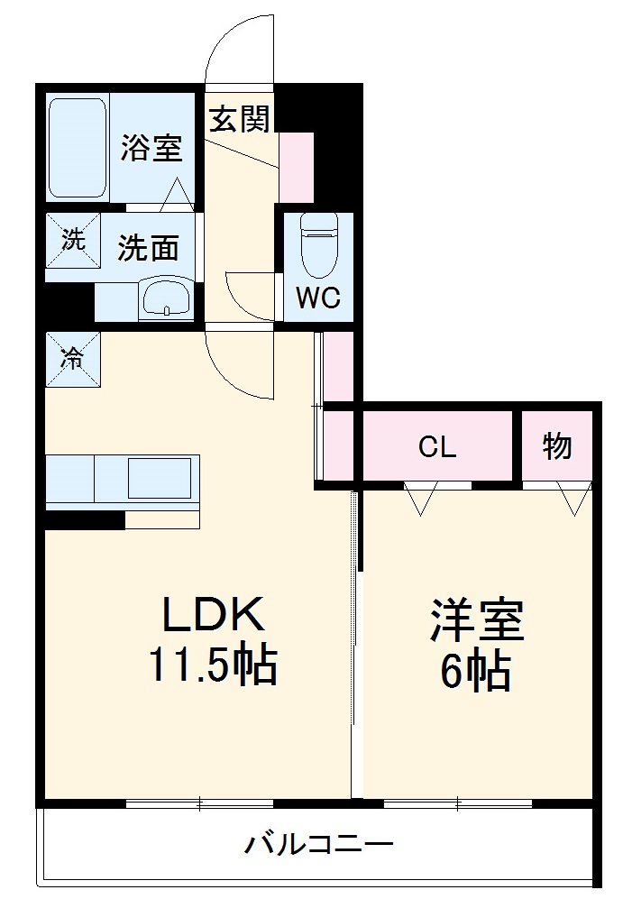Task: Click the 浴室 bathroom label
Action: tap(151, 148)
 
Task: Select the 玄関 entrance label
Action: tap(239, 120)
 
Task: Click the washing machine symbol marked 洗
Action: tap(72, 240)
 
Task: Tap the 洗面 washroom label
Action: tap(148, 248)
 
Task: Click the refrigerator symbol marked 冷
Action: tap(72, 358)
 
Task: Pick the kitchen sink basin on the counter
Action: tap(159, 478)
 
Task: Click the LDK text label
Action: tap(213, 616)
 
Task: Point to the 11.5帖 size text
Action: tap(213, 666)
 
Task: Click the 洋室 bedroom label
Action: tap(476, 620)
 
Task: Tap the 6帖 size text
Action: tap(475, 670)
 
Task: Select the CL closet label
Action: tap(437, 446)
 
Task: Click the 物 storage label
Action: tap(556, 445)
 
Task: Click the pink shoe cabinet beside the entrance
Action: tap(295, 167)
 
